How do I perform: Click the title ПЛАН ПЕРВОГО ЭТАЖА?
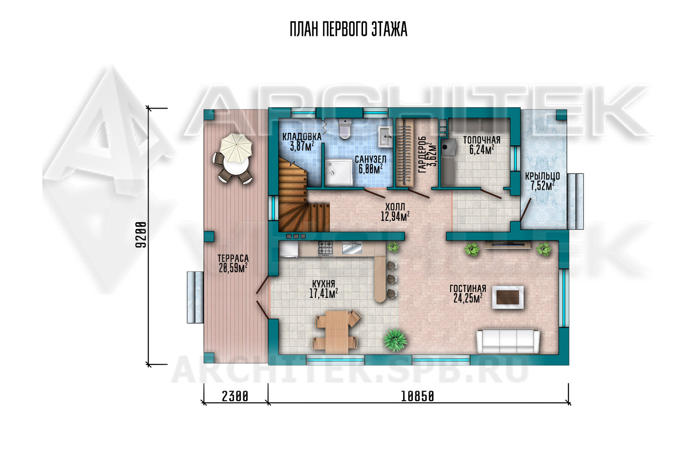tap(349, 30)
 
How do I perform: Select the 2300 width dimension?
tap(235, 397)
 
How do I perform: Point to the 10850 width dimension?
tap(417, 397)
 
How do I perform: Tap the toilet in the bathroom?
tap(345, 129)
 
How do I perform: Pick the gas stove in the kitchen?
tap(325, 249)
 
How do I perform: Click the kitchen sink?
tap(352, 248)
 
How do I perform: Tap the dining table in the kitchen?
tap(336, 330)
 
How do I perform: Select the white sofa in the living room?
tap(508, 342)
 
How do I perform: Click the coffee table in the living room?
tap(508, 297)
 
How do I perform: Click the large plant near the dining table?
tap(395, 340)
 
